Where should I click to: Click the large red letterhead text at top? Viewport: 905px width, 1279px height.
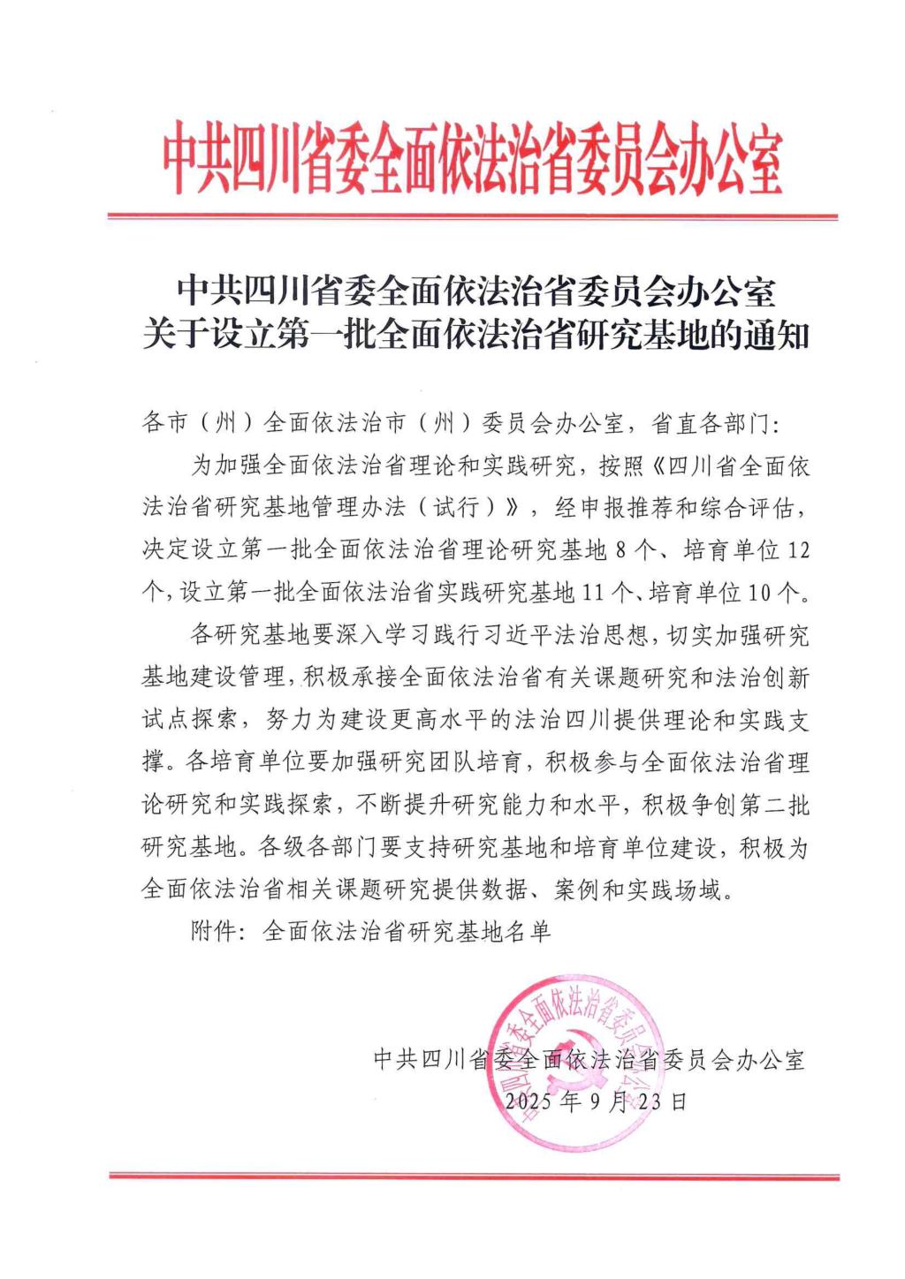[472, 160]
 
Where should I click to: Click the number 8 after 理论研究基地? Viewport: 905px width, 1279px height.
[620, 551]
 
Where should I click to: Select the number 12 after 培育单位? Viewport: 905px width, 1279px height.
[797, 551]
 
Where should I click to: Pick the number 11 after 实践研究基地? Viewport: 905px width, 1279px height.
[595, 593]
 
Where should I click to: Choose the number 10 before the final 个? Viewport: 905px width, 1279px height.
[761, 593]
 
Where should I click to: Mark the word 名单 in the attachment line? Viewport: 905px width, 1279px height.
[528, 932]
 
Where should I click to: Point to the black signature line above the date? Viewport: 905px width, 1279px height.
[589, 1059]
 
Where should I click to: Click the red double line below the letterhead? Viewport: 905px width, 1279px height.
[472, 216]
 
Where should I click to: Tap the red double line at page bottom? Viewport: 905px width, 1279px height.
[474, 1176]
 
